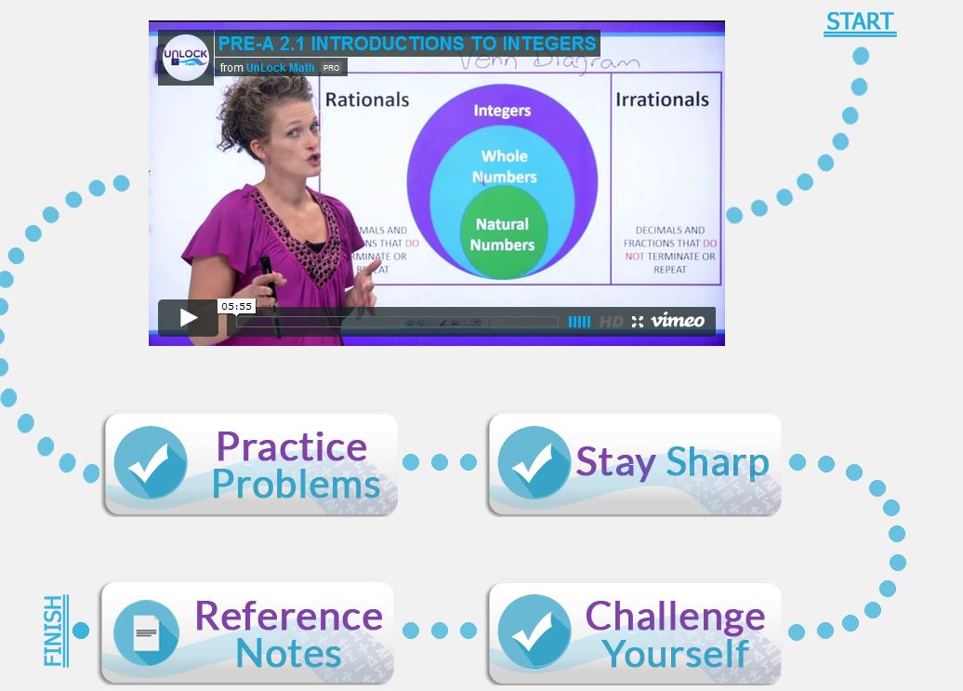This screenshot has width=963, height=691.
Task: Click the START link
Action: click(x=859, y=22)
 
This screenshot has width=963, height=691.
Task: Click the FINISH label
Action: click(x=55, y=631)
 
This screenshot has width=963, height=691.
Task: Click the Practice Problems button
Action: click(x=251, y=464)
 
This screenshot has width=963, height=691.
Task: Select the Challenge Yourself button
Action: click(x=634, y=633)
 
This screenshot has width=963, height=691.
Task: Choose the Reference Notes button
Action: click(x=247, y=633)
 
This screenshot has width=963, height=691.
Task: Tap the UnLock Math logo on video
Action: click(x=185, y=59)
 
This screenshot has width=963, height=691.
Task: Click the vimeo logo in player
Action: click(x=678, y=321)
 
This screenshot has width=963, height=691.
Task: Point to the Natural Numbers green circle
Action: click(x=502, y=234)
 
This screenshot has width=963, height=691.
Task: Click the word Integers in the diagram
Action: click(x=502, y=111)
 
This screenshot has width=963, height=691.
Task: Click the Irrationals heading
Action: click(x=662, y=100)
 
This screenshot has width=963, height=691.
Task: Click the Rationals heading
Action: click(x=367, y=100)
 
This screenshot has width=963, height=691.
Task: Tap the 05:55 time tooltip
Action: click(x=237, y=306)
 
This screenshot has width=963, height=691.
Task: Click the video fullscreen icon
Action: click(x=637, y=322)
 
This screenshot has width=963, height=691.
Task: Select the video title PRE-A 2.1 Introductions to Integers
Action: click(x=407, y=44)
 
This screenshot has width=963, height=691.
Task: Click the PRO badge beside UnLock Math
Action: click(x=332, y=68)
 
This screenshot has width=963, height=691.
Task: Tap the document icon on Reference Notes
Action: click(x=146, y=633)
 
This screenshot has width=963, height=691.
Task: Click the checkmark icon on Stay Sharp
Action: click(x=534, y=463)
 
